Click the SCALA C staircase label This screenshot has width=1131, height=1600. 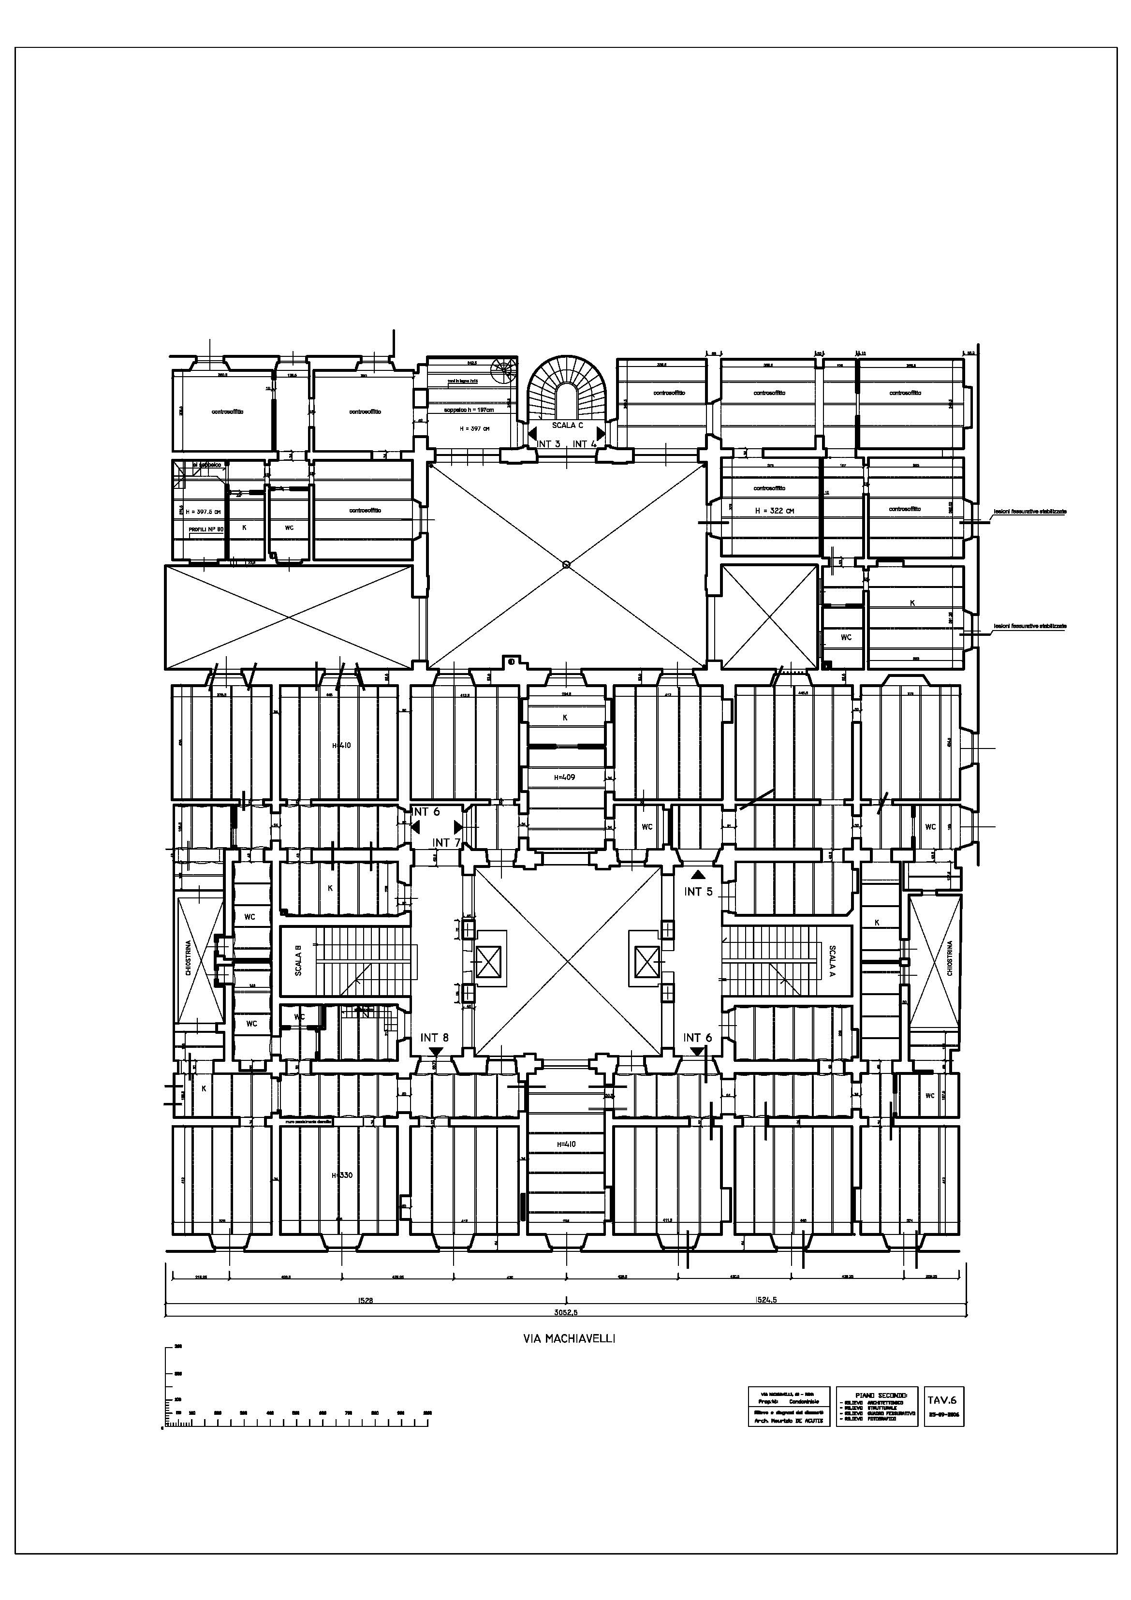pyautogui.click(x=567, y=425)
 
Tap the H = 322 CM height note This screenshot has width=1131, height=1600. pyautogui.click(x=774, y=511)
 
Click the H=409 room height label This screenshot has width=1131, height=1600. pyautogui.click(x=564, y=777)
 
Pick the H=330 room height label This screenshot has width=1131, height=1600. pyautogui.click(x=341, y=1175)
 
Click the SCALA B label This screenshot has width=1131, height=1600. pyautogui.click(x=298, y=960)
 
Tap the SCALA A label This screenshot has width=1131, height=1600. pyautogui.click(x=832, y=960)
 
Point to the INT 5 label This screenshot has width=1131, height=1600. pyautogui.click(x=698, y=892)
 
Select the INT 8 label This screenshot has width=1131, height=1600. pyautogui.click(x=434, y=1038)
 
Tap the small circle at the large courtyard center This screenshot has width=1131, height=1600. pyautogui.click(x=566, y=564)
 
